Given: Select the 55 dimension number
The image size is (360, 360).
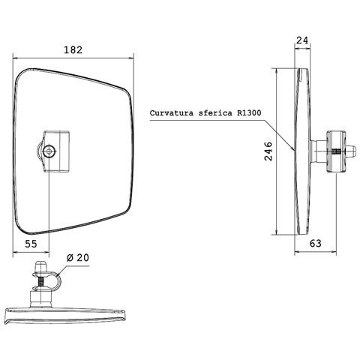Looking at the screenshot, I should pyautogui.click(x=31, y=244).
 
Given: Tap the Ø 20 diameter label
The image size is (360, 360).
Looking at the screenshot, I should pyautogui.click(x=77, y=257).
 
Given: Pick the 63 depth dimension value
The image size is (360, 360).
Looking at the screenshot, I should pyautogui.click(x=316, y=244).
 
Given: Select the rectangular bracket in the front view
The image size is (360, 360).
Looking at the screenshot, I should pyautogui.click(x=57, y=150).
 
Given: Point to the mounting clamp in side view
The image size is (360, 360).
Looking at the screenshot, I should pyautogui.click(x=336, y=150).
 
